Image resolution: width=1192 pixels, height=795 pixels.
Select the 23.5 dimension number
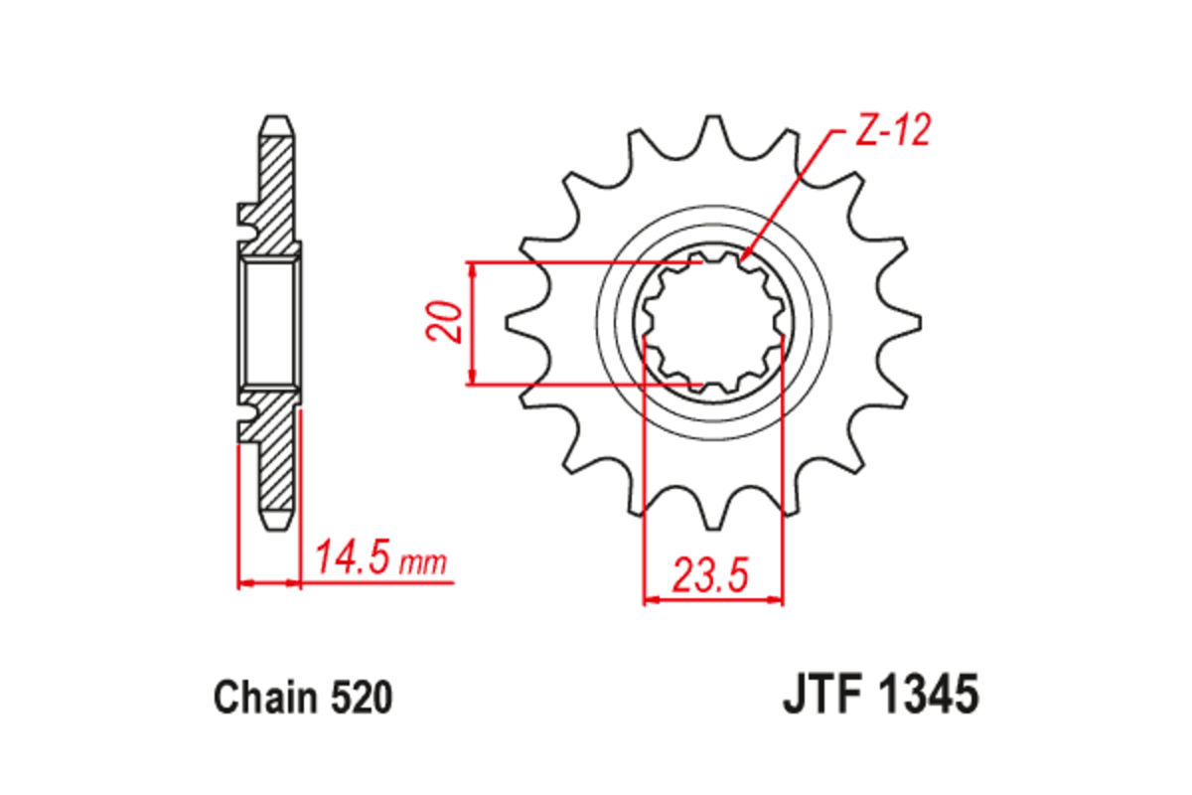[709, 575]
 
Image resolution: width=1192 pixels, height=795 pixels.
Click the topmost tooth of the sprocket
[713, 129]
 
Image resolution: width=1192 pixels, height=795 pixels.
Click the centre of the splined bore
[713, 323]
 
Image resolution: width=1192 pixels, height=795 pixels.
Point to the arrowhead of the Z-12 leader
[744, 260]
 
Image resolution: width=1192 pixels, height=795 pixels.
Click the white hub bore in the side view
[270, 323]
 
